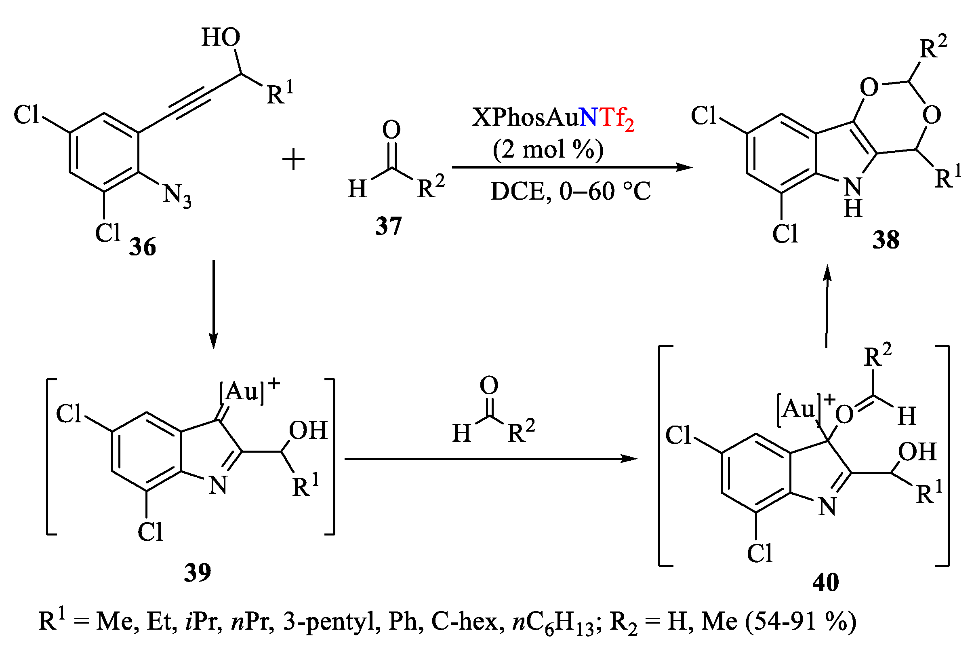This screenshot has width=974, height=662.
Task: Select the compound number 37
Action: click(388, 226)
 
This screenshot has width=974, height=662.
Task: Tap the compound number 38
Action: click(886, 240)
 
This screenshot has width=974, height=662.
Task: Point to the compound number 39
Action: click(198, 572)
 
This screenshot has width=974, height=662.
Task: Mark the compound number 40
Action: click(826, 582)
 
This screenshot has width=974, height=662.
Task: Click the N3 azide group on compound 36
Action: click(177, 195)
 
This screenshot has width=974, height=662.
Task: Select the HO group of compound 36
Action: click(221, 37)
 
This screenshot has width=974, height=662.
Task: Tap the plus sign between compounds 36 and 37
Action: click(293, 160)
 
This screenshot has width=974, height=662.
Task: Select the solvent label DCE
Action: click(516, 192)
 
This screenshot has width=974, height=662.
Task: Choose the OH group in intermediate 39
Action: click(308, 430)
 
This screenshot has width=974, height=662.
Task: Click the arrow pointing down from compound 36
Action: click(214, 304)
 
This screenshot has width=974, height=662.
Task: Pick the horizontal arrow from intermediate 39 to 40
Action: click(490, 459)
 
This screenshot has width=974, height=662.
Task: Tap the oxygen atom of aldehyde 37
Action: click(391, 130)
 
